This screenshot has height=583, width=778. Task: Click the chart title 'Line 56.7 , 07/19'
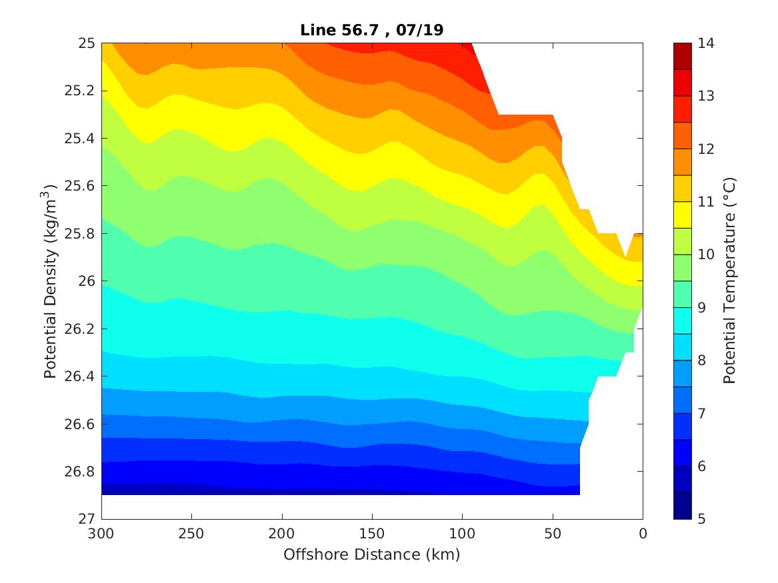pos(371,29)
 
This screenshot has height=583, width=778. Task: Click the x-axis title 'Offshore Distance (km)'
pos(371,554)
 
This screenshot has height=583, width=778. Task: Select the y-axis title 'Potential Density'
pos(50,281)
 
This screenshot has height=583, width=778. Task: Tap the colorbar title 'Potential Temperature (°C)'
pos(729,281)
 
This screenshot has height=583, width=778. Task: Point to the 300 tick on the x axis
pos(101,533)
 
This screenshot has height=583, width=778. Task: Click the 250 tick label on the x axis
pos(191,533)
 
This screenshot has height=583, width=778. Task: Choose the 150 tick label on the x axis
pos(372,533)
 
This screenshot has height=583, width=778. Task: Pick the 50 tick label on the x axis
pos(553,533)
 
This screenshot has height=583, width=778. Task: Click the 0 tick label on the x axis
pos(643,533)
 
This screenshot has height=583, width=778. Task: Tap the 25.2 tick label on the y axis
pos(83,91)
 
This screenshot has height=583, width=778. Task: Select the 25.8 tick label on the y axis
pos(83,234)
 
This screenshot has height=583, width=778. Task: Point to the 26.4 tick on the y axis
pos(83,376)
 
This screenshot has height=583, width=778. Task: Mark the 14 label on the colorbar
pos(707,43)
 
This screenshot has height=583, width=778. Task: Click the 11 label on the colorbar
pos(707,202)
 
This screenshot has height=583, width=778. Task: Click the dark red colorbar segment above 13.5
pos(683,56)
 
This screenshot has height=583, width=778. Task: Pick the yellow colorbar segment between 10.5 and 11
pos(683,215)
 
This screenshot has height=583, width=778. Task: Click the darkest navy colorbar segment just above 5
pos(683,506)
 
